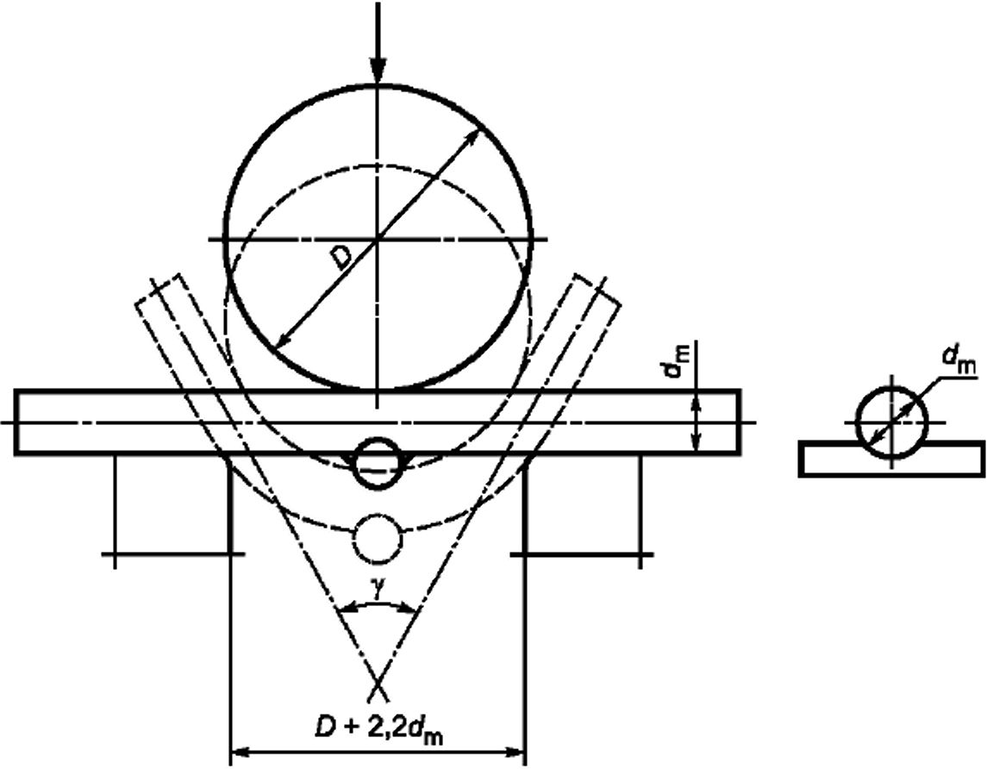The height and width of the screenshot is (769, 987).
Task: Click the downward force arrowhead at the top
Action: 378,68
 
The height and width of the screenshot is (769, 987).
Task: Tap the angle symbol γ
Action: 376,589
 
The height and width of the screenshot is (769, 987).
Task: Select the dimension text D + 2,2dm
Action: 380,730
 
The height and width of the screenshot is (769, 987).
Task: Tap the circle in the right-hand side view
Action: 891,422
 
